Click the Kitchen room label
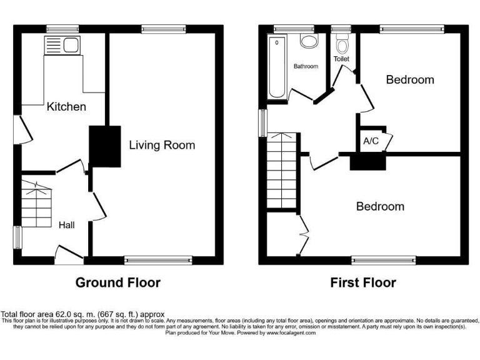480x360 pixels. pyautogui.click(x=66, y=107)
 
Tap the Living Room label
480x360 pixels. pyautogui.click(x=162, y=145)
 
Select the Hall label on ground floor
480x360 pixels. pyautogui.click(x=67, y=224)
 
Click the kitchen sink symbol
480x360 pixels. pyautogui.click(x=61, y=44)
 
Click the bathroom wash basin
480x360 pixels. pyautogui.click(x=308, y=41)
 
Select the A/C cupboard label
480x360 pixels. pyautogui.click(x=371, y=141)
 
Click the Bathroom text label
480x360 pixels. pyautogui.click(x=306, y=66)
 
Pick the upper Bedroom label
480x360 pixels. pyautogui.click(x=409, y=79)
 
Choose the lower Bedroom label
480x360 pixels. pyautogui.click(x=380, y=206)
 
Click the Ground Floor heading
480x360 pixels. pyautogui.click(x=117, y=282)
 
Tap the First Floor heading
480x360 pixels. pyautogui.click(x=363, y=282)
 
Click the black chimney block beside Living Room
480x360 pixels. pyautogui.click(x=104, y=146)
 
